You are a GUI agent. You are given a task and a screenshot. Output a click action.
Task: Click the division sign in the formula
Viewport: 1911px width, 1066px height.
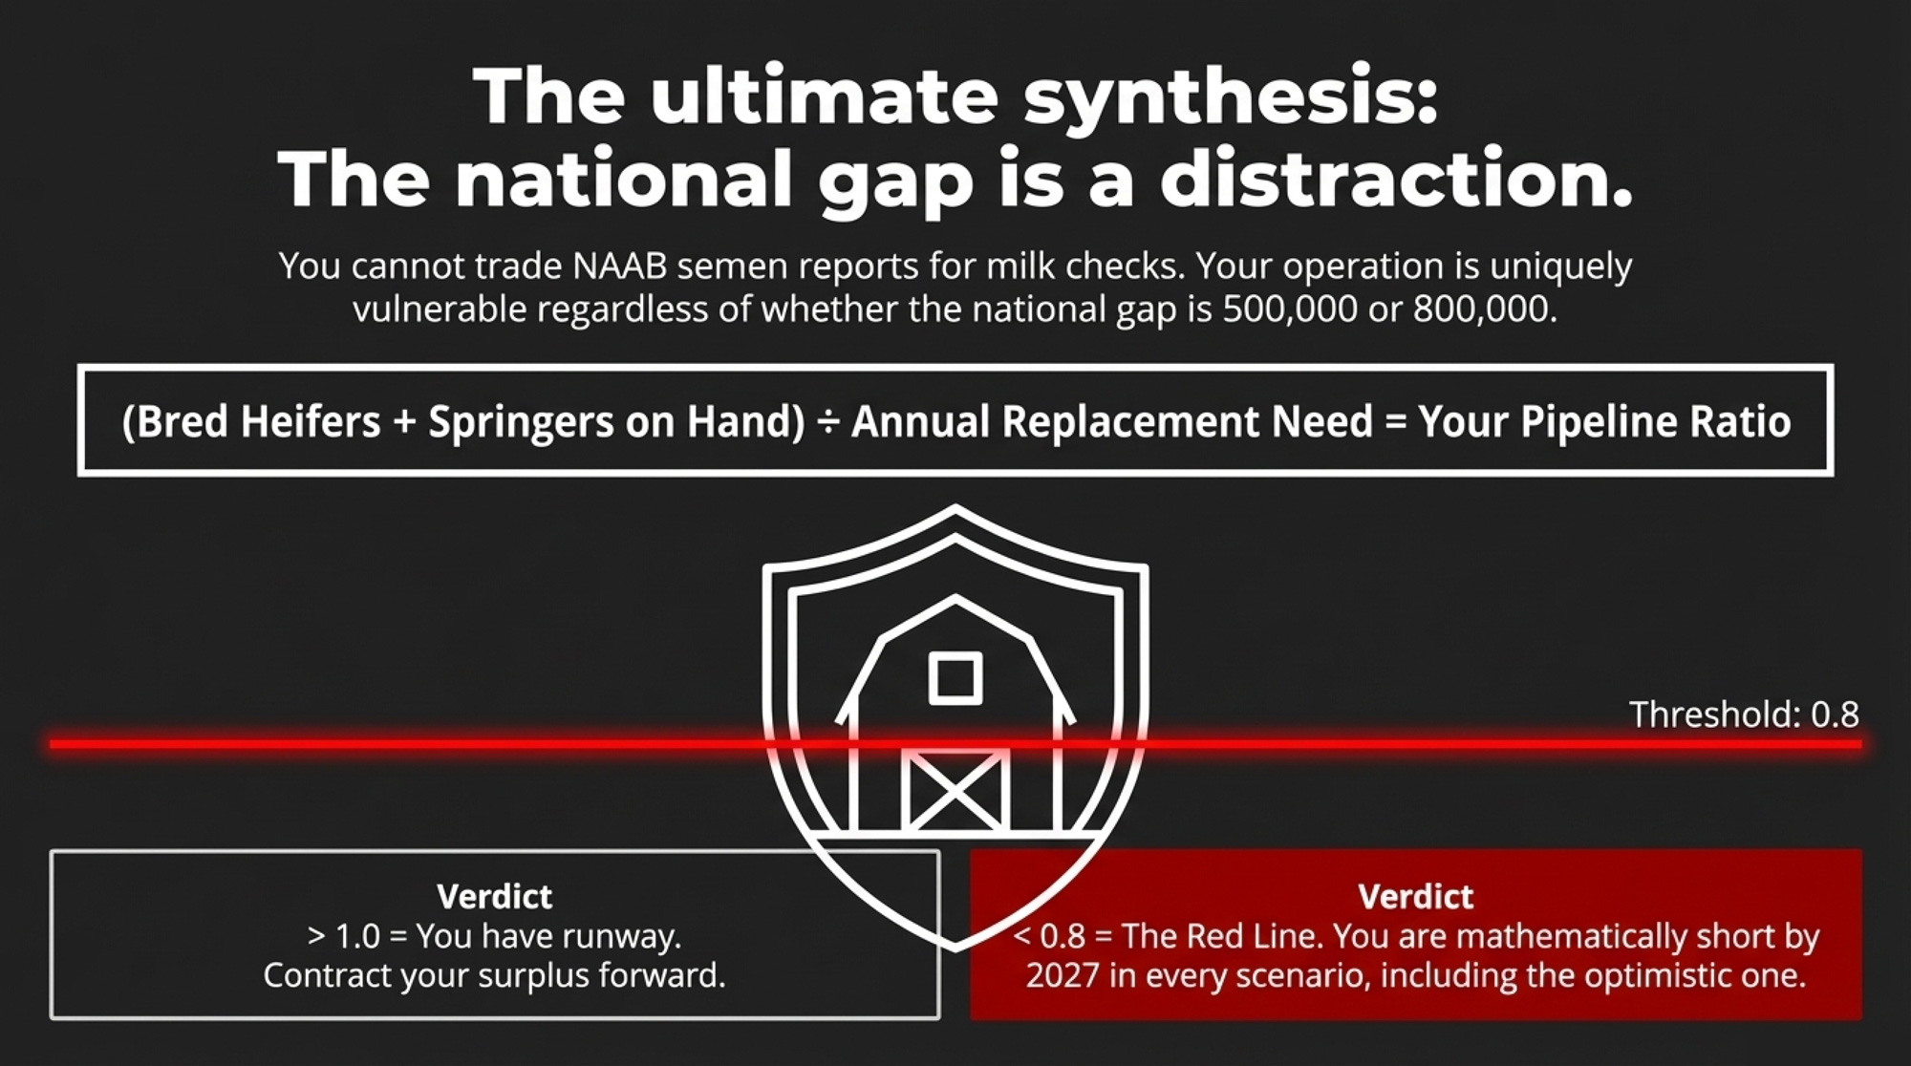point(827,422)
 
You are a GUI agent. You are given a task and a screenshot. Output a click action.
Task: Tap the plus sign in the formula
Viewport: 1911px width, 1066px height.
point(403,422)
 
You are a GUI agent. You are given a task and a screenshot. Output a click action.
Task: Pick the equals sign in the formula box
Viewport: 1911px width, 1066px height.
point(1395,422)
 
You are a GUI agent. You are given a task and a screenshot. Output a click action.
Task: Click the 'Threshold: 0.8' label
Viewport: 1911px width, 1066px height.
point(1744,714)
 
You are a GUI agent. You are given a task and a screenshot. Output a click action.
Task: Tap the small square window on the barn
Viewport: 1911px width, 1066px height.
point(955,679)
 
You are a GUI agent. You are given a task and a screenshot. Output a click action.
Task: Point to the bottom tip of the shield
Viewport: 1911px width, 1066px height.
point(955,949)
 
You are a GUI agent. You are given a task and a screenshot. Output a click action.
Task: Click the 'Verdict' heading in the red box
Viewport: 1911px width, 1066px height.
point(1415,897)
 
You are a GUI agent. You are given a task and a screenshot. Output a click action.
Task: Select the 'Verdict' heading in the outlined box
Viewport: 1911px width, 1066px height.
point(494,897)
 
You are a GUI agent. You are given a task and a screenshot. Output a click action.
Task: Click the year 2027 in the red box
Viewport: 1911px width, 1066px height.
point(1063,976)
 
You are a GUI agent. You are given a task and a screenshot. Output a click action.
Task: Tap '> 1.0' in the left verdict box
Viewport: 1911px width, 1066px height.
point(343,936)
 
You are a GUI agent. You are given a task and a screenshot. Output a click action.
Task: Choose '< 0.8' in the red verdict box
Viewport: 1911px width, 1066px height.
point(1049,936)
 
